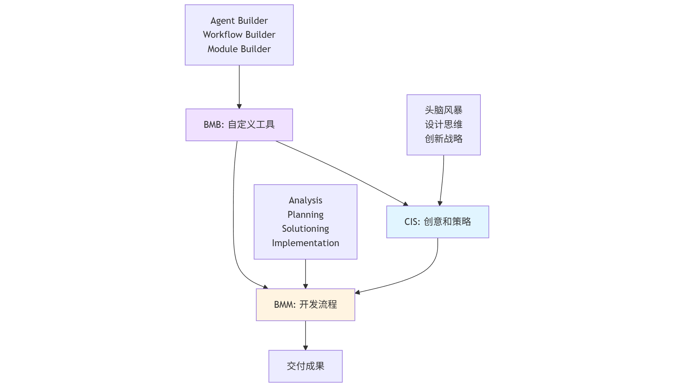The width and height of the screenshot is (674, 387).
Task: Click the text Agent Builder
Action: [239, 21]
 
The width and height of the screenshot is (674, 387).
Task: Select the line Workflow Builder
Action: [239, 35]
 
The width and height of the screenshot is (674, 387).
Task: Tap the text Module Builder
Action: [239, 49]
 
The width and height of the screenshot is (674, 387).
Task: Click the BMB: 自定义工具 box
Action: [239, 125]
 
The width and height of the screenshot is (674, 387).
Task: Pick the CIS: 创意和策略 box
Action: [437, 222]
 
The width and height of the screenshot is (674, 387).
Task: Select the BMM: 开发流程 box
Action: [305, 305]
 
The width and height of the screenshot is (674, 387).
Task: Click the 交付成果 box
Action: [305, 366]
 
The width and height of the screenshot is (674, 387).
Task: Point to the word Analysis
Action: [305, 200]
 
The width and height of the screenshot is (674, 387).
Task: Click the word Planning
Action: [305, 215]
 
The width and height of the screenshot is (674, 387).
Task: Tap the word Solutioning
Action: [305, 229]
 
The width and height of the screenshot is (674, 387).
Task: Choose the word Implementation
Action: [305, 243]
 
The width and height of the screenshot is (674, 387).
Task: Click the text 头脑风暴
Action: [443, 110]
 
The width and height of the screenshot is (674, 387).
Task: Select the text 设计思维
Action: [443, 125]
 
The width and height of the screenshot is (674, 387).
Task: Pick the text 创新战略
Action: [443, 139]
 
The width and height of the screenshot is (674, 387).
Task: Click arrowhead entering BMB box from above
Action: [239, 106]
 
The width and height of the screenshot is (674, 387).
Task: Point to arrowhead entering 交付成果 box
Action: [306, 348]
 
